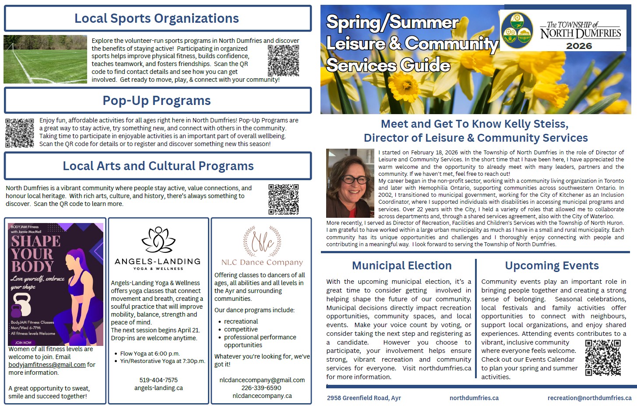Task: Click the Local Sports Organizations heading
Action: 157,18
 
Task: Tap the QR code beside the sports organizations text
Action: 283,60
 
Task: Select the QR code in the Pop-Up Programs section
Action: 20,133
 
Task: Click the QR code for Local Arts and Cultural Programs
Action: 283,199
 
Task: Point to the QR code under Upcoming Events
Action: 603,358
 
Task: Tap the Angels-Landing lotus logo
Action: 158,240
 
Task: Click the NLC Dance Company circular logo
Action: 262,241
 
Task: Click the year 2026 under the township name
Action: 579,46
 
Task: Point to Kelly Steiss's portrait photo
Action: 350,183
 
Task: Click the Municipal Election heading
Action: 401,265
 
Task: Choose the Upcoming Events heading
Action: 552,265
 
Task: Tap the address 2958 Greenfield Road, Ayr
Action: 364,398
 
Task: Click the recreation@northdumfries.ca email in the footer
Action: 589,398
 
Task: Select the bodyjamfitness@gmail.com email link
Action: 47,365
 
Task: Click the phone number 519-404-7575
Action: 158,380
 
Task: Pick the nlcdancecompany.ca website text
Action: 262,396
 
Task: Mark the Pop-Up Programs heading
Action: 157,101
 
